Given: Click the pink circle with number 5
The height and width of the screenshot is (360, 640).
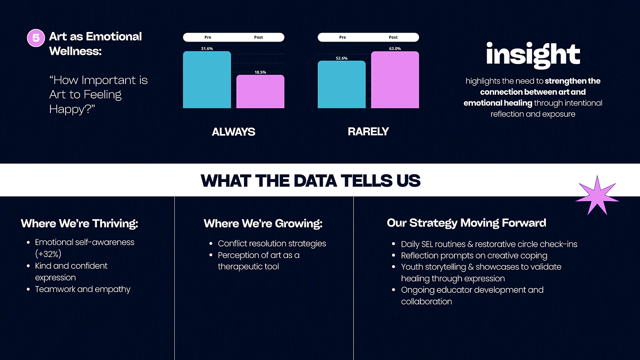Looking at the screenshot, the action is point(36,38).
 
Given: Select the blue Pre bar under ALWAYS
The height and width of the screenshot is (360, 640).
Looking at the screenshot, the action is point(207,80).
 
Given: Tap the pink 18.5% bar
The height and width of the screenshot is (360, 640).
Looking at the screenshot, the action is point(260,92).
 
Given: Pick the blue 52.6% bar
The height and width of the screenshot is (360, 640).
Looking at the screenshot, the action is point(342,84).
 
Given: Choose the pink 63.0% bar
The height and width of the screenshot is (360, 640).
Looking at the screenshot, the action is point(395,80).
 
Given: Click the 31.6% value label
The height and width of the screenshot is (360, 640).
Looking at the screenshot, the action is point(207,48).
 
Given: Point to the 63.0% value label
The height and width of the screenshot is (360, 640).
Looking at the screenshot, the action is point(395,48).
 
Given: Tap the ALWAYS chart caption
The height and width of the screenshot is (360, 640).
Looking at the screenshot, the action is point(234,132).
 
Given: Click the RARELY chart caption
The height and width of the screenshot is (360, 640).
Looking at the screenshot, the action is point(368,132).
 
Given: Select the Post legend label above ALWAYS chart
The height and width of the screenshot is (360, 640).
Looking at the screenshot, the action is point(258,37).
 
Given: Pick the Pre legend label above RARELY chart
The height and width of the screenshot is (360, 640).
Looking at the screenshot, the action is point(342,37).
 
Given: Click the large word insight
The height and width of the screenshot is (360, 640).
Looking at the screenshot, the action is point(533,55).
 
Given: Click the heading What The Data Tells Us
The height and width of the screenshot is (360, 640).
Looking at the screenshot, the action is point(310,180).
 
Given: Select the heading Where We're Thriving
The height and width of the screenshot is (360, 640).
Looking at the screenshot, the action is point(80,224).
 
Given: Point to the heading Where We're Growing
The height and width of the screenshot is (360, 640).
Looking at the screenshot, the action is point(263,224).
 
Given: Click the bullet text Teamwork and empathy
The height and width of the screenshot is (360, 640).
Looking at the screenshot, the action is point(82,290).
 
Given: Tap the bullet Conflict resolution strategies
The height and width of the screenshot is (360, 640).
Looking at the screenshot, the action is point(272,244).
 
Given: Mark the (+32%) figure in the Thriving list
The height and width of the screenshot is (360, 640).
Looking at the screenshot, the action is point(48,254).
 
